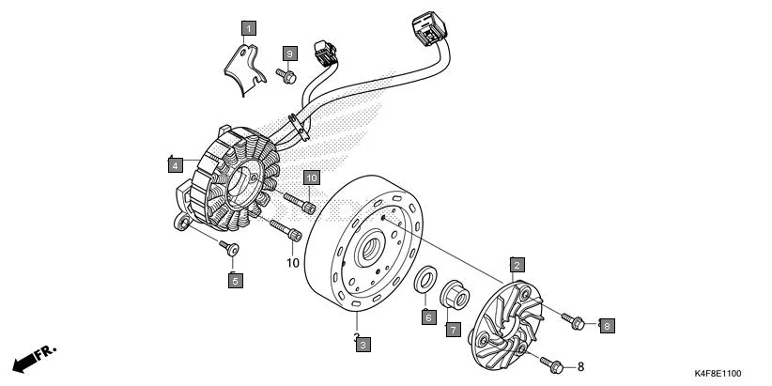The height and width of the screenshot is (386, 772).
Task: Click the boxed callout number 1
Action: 249,28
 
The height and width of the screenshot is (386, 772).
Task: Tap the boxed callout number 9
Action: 290,53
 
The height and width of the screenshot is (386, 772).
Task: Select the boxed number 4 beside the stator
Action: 176,166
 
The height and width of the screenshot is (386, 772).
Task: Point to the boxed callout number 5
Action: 235,279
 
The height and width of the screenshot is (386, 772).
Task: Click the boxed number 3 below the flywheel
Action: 363,344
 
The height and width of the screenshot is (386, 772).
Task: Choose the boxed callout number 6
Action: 427,317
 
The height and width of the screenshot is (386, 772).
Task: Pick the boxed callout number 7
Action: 452,330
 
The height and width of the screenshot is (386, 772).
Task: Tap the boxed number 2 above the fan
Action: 517,265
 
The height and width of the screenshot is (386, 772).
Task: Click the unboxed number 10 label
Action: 292,263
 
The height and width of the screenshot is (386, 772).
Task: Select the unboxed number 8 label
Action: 580,366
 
